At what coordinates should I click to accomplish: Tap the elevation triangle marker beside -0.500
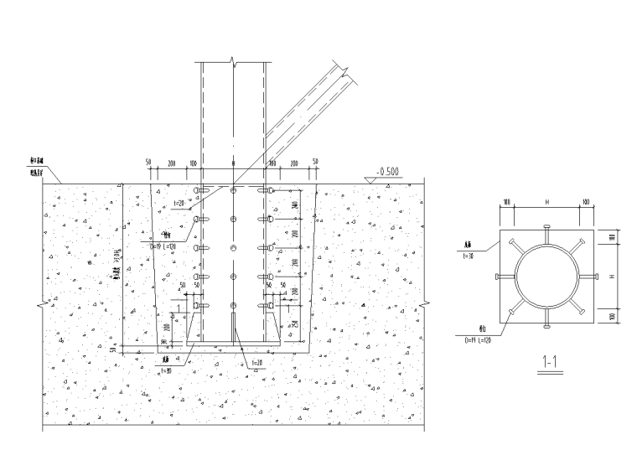pos(370,178)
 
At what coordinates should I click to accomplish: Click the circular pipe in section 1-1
pos(546,277)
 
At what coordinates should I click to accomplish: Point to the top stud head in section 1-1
pos(546,227)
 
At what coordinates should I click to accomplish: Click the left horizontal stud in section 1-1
pos(504,277)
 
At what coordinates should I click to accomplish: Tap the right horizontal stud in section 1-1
pos(588,277)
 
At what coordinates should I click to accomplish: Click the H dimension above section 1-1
pos(546,203)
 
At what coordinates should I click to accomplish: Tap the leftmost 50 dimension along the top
pos(148,161)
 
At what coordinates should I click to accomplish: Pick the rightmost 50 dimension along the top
pos(315,161)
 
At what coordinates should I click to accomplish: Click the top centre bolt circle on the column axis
pos(233,191)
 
